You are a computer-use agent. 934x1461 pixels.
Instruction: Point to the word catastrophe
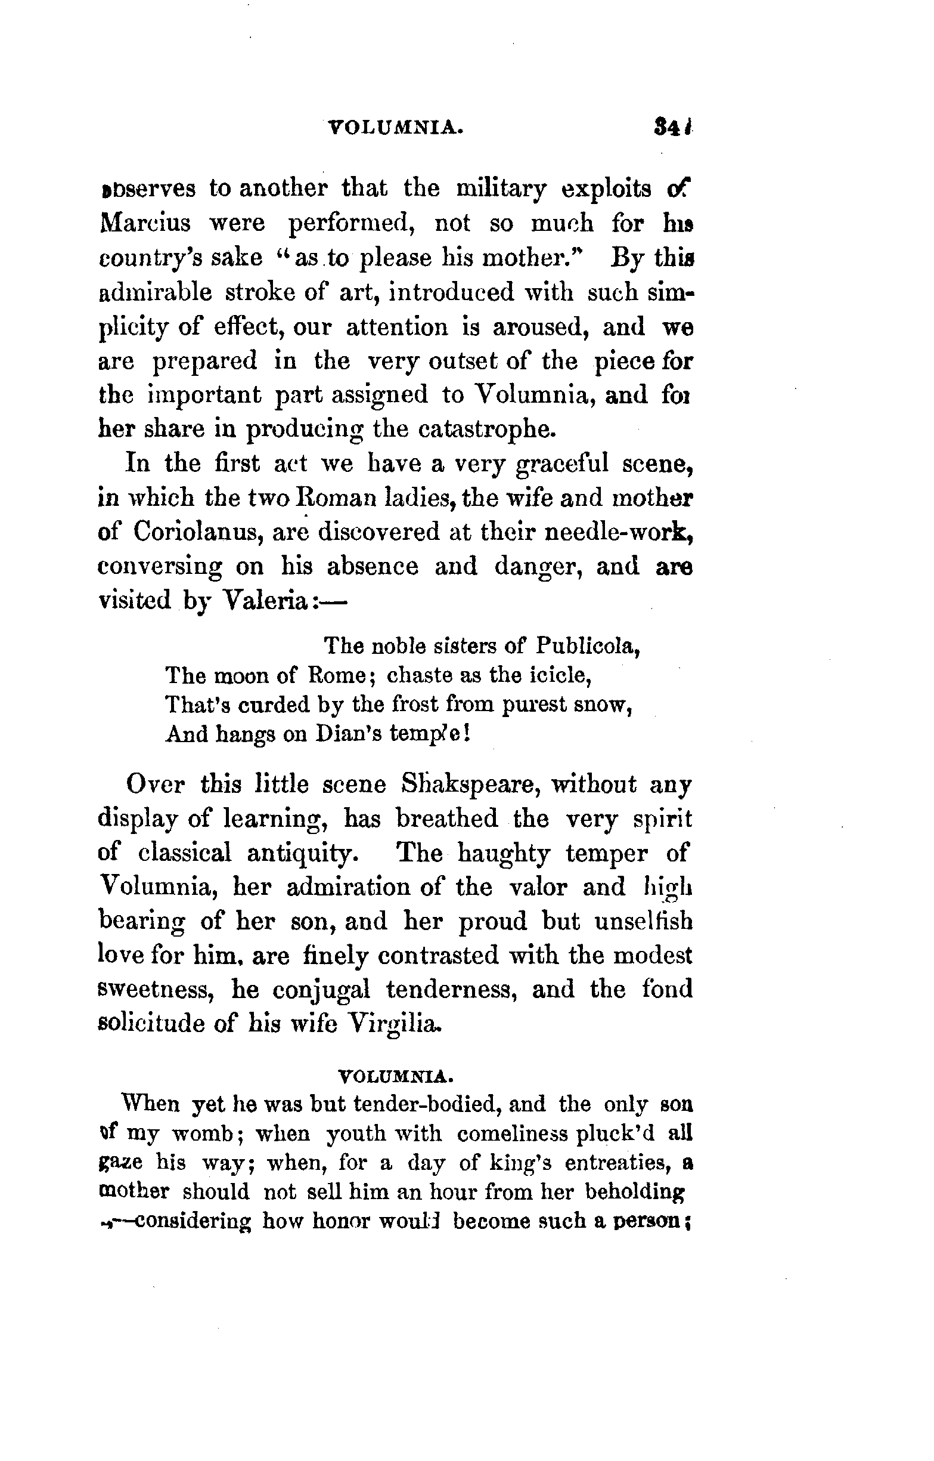pos(486,429)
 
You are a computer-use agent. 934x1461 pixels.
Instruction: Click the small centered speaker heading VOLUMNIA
pos(395,1077)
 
